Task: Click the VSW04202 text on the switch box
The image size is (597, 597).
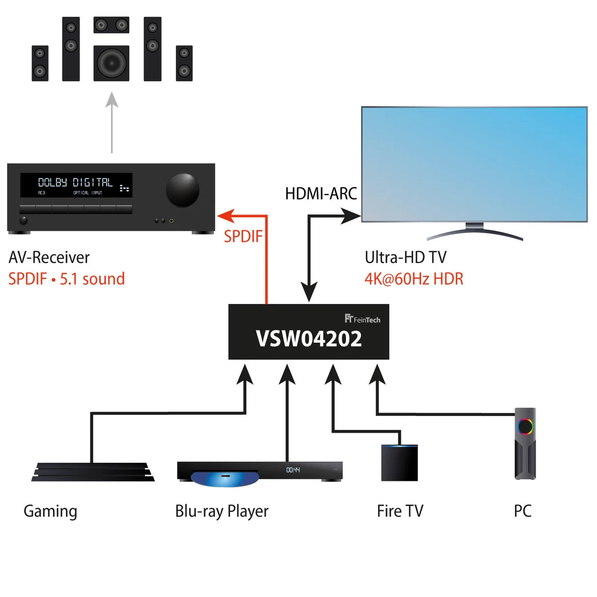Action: tap(309, 339)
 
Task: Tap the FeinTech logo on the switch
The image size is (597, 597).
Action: tap(362, 319)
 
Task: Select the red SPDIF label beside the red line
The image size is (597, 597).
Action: tap(243, 237)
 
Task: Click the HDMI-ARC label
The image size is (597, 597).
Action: tap(321, 194)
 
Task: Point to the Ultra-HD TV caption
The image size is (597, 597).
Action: tap(405, 257)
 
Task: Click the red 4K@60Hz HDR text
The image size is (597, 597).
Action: tap(414, 279)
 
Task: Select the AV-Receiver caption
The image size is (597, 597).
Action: tap(49, 257)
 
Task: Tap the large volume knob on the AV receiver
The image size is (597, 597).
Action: tap(182, 189)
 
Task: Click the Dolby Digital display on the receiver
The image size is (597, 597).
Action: tap(76, 185)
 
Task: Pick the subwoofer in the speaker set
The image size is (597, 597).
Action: tap(112, 63)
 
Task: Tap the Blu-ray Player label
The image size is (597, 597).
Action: tap(222, 511)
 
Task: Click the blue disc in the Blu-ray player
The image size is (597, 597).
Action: tap(224, 478)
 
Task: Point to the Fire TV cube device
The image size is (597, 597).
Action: tap(399, 463)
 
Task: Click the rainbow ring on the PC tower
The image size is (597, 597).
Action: tap(525, 426)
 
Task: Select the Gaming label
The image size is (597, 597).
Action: tap(50, 511)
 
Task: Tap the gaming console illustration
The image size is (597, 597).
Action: tap(93, 472)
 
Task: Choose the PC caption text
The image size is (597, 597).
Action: tap(522, 511)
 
